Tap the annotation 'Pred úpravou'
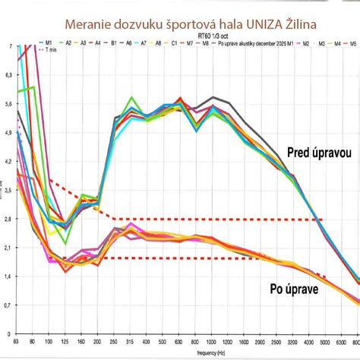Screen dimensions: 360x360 click(x=319, y=153)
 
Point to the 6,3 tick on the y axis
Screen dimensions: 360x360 click(x=8, y=75)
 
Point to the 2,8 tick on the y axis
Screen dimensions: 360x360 click(x=8, y=219)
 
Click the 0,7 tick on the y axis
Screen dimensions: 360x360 click(x=8, y=305)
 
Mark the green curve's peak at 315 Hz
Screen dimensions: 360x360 click(x=132, y=97)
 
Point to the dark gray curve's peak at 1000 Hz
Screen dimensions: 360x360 click(x=213, y=96)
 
